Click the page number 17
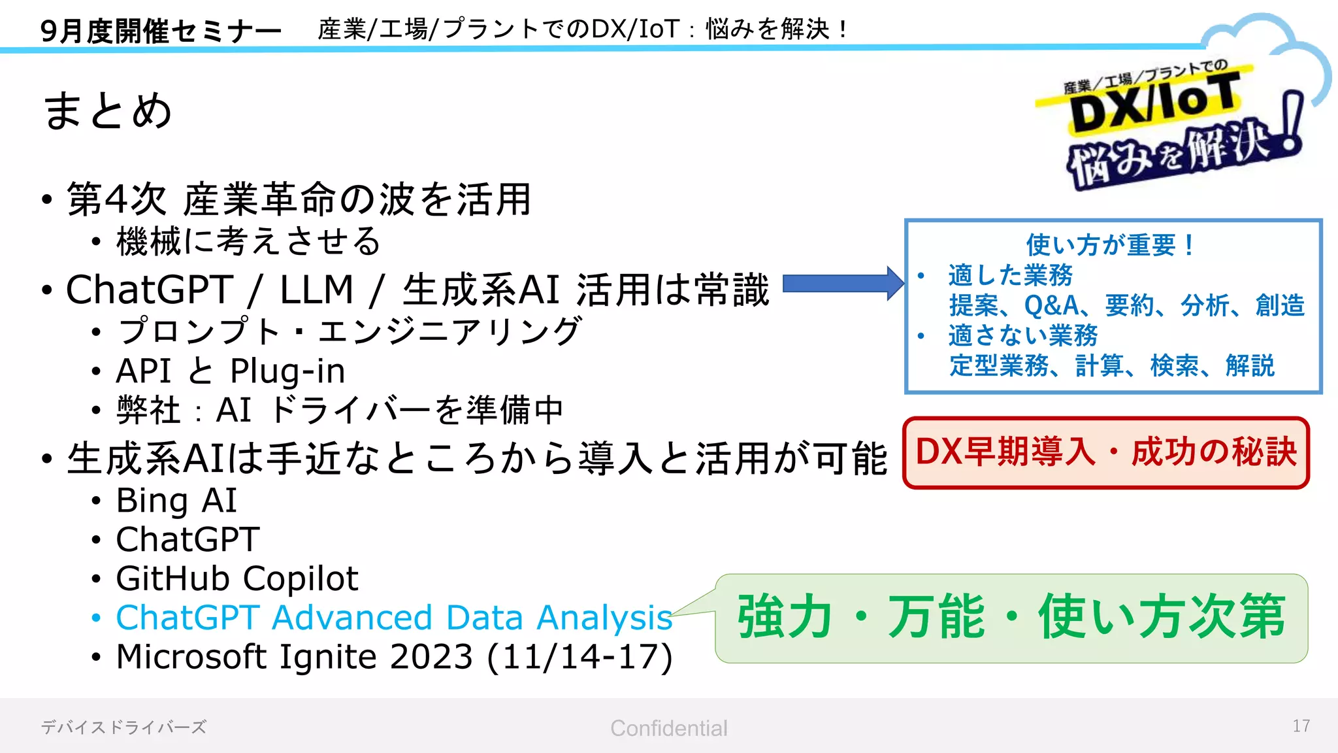pos(1300,726)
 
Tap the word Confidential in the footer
pos(668,728)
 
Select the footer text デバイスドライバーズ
pos(123,727)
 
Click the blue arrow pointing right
pos(842,284)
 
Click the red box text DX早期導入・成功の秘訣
pos(1105,452)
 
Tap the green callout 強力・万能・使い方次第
pos(1011,617)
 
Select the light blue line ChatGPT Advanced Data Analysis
pos(393,618)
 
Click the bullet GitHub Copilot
pos(237,578)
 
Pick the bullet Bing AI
pos(176,501)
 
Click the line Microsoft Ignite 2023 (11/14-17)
pos(393,657)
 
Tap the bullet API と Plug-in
pos(230,371)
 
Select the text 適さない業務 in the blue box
pos(1022,335)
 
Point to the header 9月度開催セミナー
pos(160,31)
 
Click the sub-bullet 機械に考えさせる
pos(248,241)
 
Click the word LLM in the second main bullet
pos(316,290)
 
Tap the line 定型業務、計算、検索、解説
pos(1111,365)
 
